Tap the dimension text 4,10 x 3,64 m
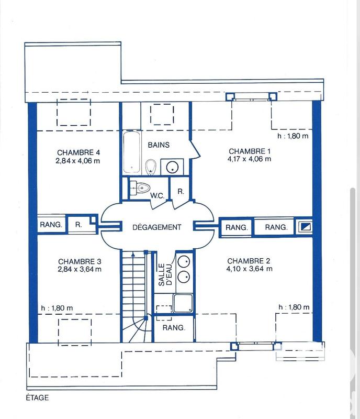pos(250,269)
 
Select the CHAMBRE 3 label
pos(80,261)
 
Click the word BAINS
pos(159,145)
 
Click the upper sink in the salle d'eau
pos(184,261)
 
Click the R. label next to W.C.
pos(181,192)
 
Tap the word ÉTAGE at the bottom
pos(37,398)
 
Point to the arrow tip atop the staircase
pos(134,253)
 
